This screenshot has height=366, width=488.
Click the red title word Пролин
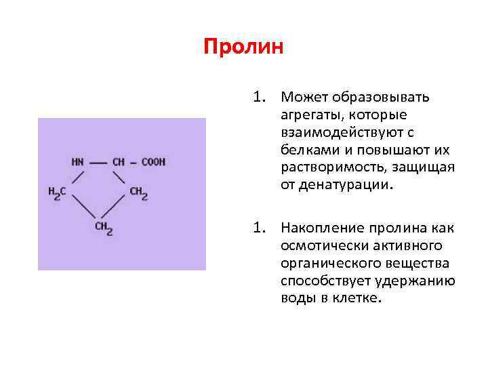[243, 47]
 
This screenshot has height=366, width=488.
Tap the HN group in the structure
[78, 162]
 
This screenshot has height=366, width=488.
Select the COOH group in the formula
[154, 162]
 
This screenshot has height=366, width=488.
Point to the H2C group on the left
[57, 192]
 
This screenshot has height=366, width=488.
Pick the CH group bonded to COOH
[119, 162]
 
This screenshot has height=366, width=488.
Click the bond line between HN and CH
[98, 163]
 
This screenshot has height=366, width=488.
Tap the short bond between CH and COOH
[134, 163]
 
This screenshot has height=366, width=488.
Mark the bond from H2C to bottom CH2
[81, 208]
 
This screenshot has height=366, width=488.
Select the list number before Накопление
[262, 227]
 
